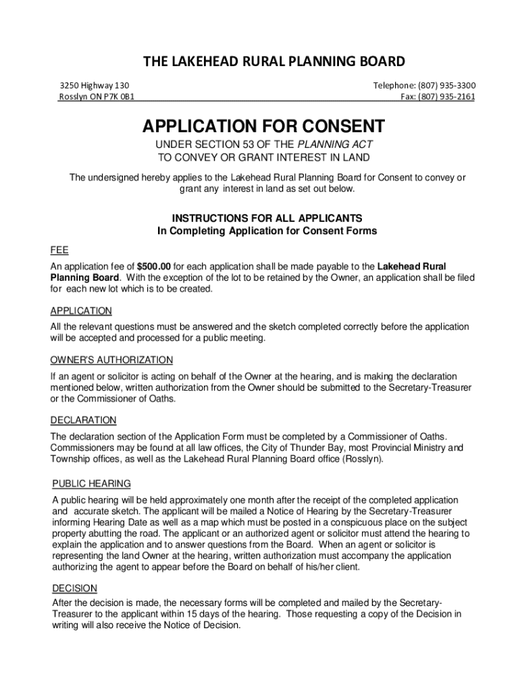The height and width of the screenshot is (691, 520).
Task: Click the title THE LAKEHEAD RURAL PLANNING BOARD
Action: click(274, 62)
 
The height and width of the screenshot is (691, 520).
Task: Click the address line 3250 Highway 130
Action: click(94, 86)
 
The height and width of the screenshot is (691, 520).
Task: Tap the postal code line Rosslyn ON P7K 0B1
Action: click(97, 97)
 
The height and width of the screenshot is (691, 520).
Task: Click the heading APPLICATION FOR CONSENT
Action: click(263, 126)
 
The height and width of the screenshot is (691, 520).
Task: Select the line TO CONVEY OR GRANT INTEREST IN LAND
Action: click(263, 158)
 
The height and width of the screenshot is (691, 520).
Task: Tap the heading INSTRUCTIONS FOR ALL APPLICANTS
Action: click(267, 219)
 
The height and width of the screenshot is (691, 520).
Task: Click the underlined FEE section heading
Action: click(59, 250)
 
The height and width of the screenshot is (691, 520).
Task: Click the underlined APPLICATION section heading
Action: click(81, 311)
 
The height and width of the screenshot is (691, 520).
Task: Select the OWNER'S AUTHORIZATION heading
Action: click(111, 360)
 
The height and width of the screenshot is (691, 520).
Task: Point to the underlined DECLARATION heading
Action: click(83, 420)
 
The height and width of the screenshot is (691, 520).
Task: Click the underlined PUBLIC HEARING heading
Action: click(92, 484)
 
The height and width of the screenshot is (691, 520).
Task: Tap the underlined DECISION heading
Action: click(75, 588)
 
